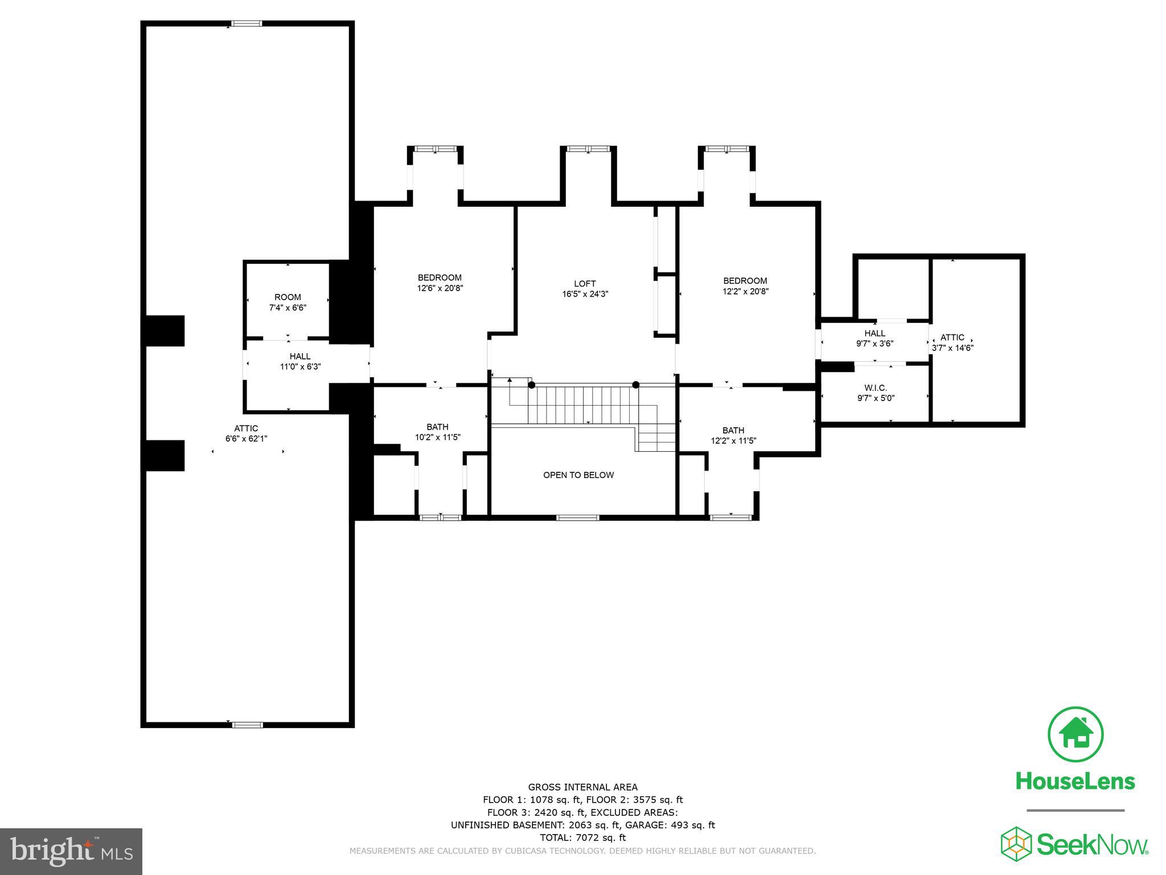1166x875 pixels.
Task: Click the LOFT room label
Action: [x=585, y=284]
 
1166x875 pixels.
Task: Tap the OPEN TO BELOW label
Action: [x=578, y=475]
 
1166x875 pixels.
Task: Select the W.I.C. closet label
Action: [x=876, y=388]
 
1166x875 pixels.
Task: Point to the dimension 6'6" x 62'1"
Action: [x=246, y=439]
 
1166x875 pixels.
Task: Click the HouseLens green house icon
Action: [x=1075, y=734]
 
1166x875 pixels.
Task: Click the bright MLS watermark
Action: [x=71, y=851]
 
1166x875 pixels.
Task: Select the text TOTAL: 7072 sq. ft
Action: [x=582, y=837]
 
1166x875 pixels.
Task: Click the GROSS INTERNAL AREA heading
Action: [x=582, y=787]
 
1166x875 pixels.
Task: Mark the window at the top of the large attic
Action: [x=246, y=23]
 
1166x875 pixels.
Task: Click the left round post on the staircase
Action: [x=531, y=385]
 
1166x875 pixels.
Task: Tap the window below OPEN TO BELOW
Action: [x=577, y=517]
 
